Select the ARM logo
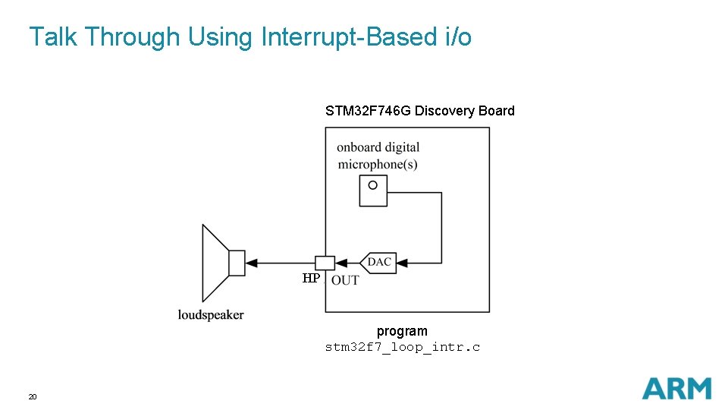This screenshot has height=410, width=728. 676,388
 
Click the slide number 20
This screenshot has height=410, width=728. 33,397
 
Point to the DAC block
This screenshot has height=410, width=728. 378,263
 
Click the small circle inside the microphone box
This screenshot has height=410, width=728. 372,185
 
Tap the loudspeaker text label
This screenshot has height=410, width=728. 211,314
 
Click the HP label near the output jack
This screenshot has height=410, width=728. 311,279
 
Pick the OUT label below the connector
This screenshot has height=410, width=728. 345,280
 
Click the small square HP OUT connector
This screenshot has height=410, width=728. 325,263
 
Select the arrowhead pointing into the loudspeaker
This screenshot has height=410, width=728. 253,263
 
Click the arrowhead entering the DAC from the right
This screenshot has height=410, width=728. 402,263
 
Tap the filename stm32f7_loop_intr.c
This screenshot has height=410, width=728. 402,347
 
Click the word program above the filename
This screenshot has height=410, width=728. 402,331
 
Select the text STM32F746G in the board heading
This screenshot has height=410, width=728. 368,111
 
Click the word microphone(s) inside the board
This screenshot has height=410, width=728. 377,164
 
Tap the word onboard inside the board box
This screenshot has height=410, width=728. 359,147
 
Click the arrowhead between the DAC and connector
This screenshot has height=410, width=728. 341,263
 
